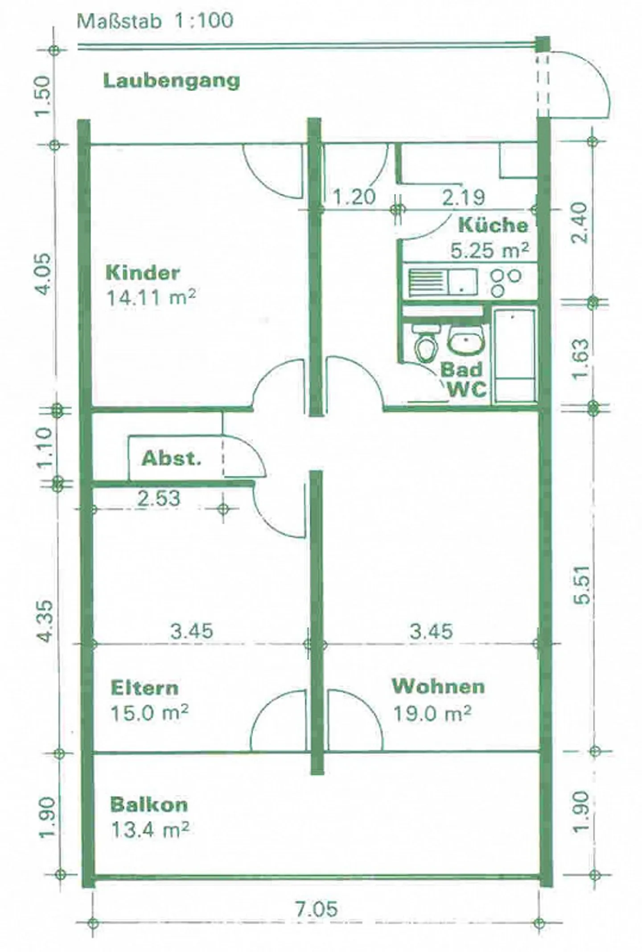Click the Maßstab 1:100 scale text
(155, 21)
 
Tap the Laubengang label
(172, 81)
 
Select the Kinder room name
(143, 272)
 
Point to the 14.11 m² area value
(151, 298)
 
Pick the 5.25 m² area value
(490, 250)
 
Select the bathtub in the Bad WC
(515, 355)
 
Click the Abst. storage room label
(172, 458)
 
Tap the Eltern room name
(144, 687)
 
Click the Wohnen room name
(438, 686)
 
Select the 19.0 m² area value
(432, 714)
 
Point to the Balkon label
(149, 805)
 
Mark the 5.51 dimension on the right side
(582, 584)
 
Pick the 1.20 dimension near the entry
(354, 196)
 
